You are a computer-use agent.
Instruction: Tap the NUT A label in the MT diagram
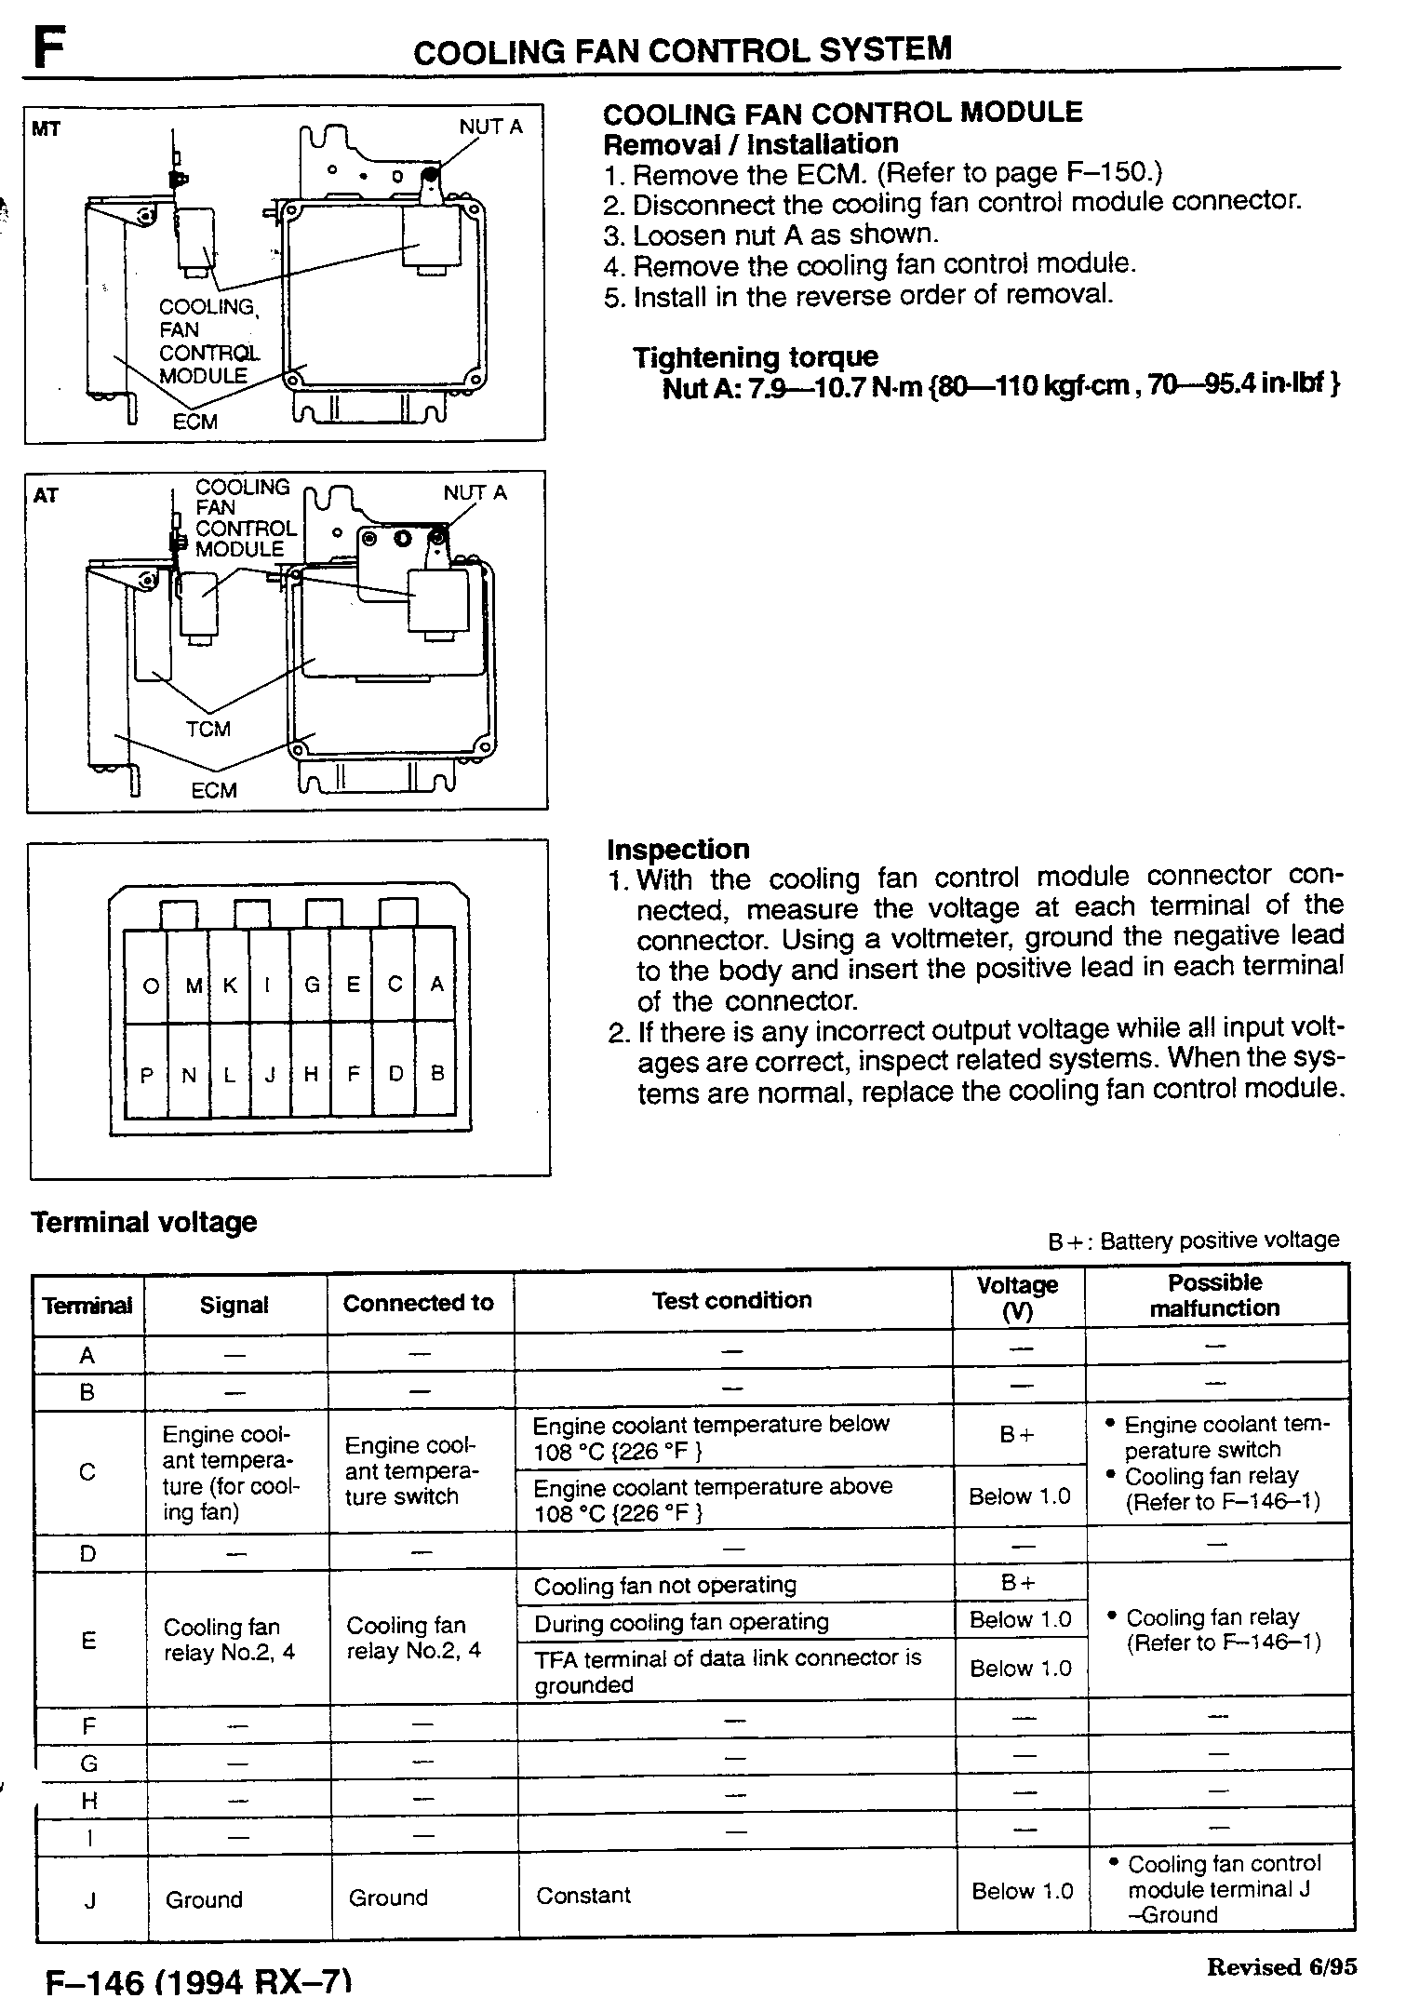[x=490, y=127]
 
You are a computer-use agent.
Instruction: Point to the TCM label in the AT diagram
[x=208, y=729]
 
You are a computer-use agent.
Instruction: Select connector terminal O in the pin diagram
[x=150, y=986]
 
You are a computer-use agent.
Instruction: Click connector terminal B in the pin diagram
[x=437, y=1073]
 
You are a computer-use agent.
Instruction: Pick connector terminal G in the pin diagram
[x=313, y=985]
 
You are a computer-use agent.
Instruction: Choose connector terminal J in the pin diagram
[x=271, y=1074]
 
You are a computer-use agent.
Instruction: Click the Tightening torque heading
[x=756, y=357]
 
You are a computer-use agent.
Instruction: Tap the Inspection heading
[x=677, y=850]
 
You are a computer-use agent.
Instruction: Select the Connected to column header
[x=418, y=1303]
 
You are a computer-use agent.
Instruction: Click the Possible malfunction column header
[x=1214, y=1295]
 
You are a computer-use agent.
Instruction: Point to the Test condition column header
[x=731, y=1300]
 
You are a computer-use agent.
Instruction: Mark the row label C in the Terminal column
[x=87, y=1472]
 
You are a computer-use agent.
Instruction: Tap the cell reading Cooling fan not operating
[x=665, y=1586]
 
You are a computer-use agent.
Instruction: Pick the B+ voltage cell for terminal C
[x=1017, y=1435]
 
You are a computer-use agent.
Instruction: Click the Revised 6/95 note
[x=1281, y=1966]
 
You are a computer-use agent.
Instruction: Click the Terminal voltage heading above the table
[x=144, y=1222]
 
